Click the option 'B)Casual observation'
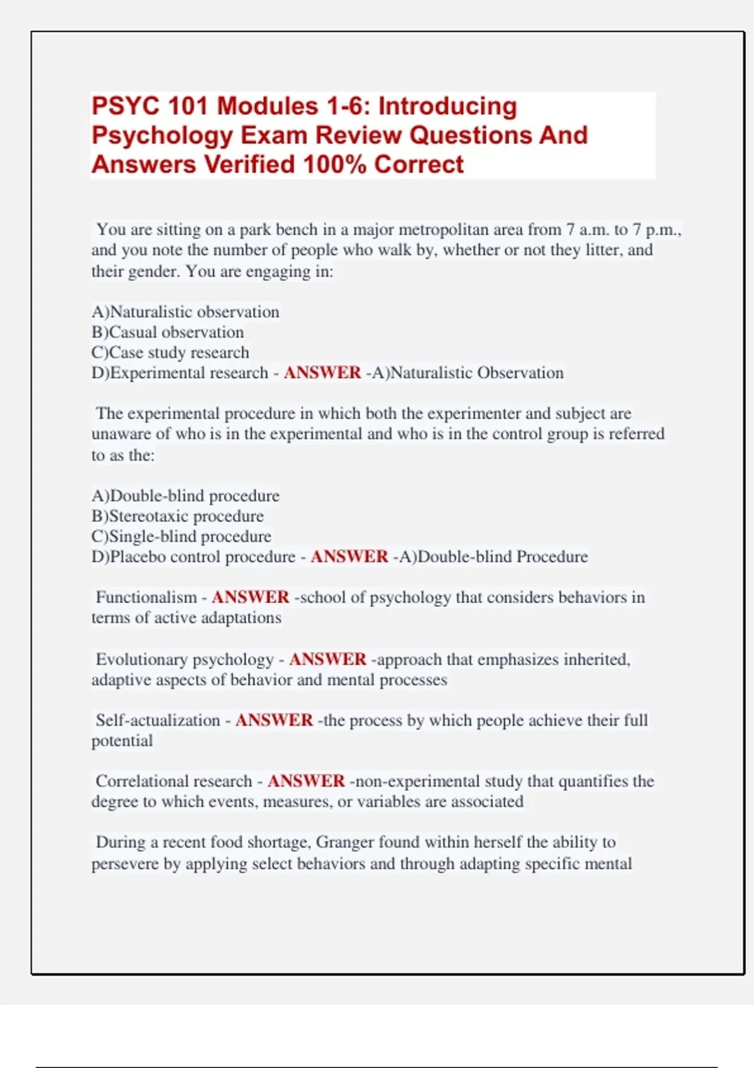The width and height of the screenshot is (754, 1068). point(167,332)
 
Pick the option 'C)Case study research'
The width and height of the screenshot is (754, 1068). point(170,352)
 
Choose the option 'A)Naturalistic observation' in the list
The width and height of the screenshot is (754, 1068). point(185,312)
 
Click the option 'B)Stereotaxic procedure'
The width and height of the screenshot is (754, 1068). point(177,516)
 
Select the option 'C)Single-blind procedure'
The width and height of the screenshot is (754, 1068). point(181,537)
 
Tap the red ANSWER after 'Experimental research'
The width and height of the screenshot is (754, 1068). point(322,373)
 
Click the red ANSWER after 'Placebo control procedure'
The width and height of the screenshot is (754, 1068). point(349,557)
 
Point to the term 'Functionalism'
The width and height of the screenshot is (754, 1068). point(146,597)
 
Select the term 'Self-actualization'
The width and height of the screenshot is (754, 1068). point(158,720)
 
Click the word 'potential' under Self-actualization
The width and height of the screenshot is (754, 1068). point(122,741)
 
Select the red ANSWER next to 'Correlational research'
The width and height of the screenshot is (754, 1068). point(306,781)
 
